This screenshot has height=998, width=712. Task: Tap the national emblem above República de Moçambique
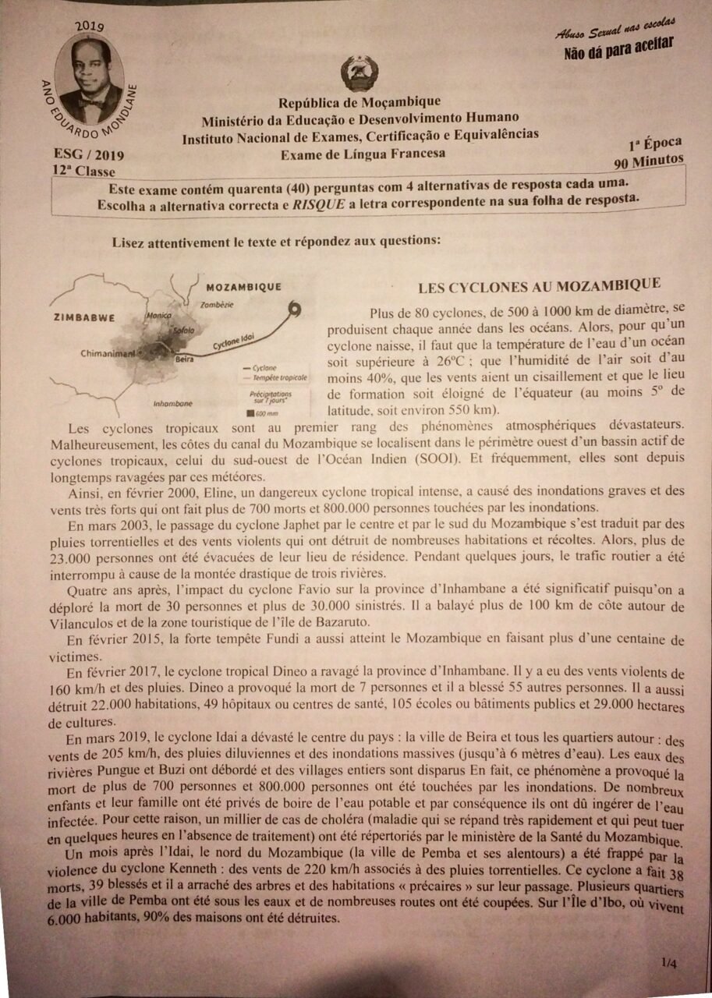click(x=360, y=74)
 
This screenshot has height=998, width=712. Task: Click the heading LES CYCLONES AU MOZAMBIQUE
click(x=539, y=285)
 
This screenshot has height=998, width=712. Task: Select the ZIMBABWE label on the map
click(x=85, y=317)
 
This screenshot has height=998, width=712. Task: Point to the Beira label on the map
click(x=184, y=359)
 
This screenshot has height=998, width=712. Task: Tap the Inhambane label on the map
click(x=173, y=403)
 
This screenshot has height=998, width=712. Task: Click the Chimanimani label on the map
click(x=108, y=353)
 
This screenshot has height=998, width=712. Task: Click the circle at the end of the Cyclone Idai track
click(x=295, y=310)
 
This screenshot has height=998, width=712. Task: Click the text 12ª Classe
click(x=83, y=171)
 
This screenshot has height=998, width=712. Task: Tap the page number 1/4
click(x=668, y=964)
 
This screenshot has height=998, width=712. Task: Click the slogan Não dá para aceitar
click(x=618, y=51)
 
